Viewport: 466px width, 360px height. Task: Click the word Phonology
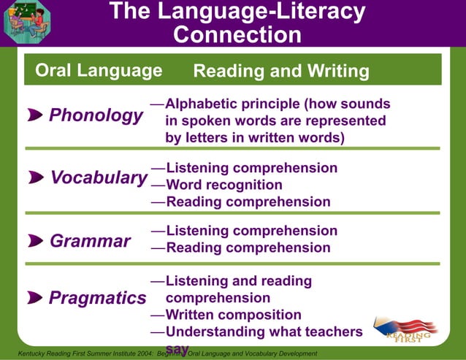(x=95, y=115)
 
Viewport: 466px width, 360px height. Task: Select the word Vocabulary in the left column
(x=99, y=178)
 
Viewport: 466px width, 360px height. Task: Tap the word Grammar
(x=90, y=241)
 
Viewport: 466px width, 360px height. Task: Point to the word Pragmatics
(x=97, y=298)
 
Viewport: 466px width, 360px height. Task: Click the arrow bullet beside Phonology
(x=35, y=115)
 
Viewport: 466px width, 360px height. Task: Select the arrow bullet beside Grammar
(x=35, y=241)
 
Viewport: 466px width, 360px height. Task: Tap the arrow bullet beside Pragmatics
(x=35, y=298)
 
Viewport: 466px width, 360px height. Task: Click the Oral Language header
(x=99, y=71)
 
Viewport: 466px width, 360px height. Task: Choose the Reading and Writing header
(x=280, y=71)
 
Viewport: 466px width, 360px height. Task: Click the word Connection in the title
(x=238, y=35)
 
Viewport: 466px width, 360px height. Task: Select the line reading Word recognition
(x=224, y=185)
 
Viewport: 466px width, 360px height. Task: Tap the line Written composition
(x=233, y=315)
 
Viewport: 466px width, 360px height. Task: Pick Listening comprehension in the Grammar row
(x=251, y=231)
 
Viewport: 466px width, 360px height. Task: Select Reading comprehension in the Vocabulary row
(x=248, y=202)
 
